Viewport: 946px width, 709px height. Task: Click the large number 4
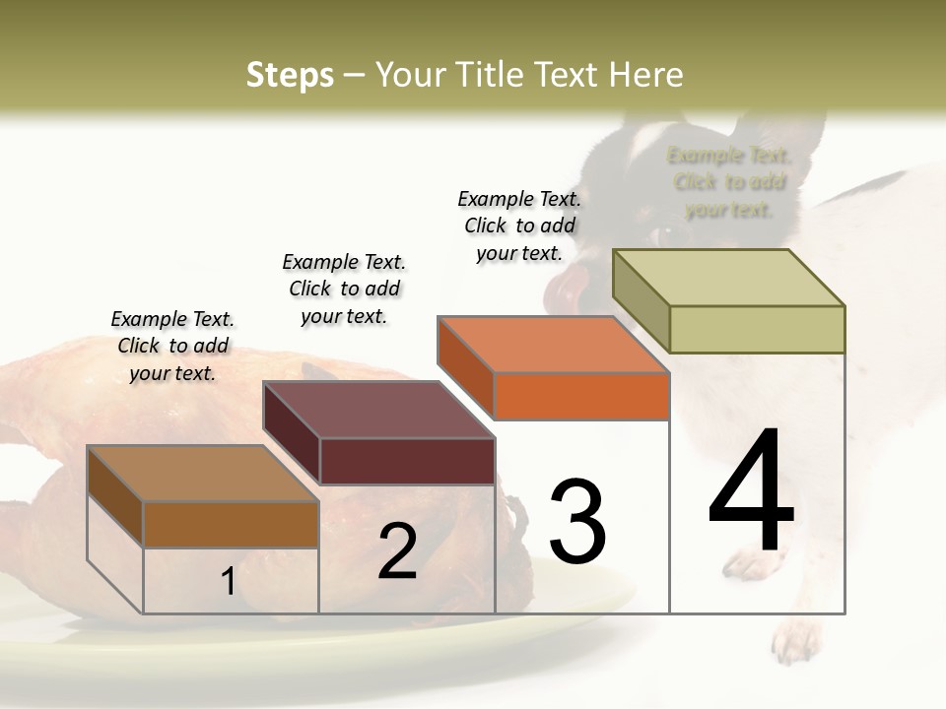click(751, 493)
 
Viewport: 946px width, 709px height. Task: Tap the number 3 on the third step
click(577, 521)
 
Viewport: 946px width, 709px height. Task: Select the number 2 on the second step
click(398, 551)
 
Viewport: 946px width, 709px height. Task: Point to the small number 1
click(228, 582)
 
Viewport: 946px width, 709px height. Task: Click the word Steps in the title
click(290, 75)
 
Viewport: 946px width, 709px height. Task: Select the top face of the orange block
click(554, 345)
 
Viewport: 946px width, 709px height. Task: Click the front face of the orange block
click(581, 396)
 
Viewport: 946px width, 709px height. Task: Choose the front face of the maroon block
click(407, 461)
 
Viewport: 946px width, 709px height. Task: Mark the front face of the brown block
click(231, 524)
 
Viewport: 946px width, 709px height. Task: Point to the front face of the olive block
click(757, 329)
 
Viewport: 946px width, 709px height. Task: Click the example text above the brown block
click(172, 346)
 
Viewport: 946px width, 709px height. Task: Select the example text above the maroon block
click(344, 289)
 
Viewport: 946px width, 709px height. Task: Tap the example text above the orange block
click(519, 226)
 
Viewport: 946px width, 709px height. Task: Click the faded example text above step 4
click(729, 182)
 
